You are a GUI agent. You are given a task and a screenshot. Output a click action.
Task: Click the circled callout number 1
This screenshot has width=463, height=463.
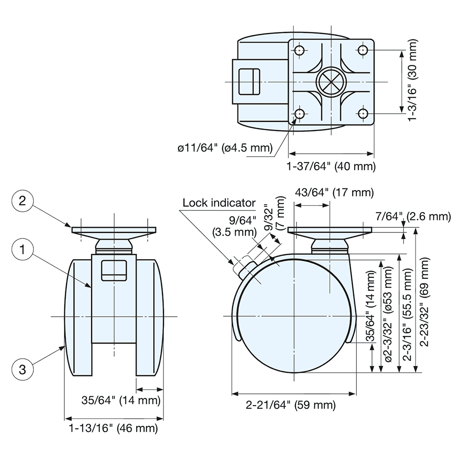(22, 250)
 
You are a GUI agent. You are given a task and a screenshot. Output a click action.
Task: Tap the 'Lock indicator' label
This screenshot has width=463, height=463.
(219, 202)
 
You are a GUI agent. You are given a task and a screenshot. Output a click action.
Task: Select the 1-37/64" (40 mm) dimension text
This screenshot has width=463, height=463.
(331, 166)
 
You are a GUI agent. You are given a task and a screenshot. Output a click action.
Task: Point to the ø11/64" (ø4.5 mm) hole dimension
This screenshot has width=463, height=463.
(224, 148)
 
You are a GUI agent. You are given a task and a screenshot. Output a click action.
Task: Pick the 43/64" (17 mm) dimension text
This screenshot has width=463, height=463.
(334, 192)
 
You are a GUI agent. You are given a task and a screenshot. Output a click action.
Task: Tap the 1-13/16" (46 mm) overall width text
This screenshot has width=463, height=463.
(113, 428)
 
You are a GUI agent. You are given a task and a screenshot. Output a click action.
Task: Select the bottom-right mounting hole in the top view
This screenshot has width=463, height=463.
(363, 113)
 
